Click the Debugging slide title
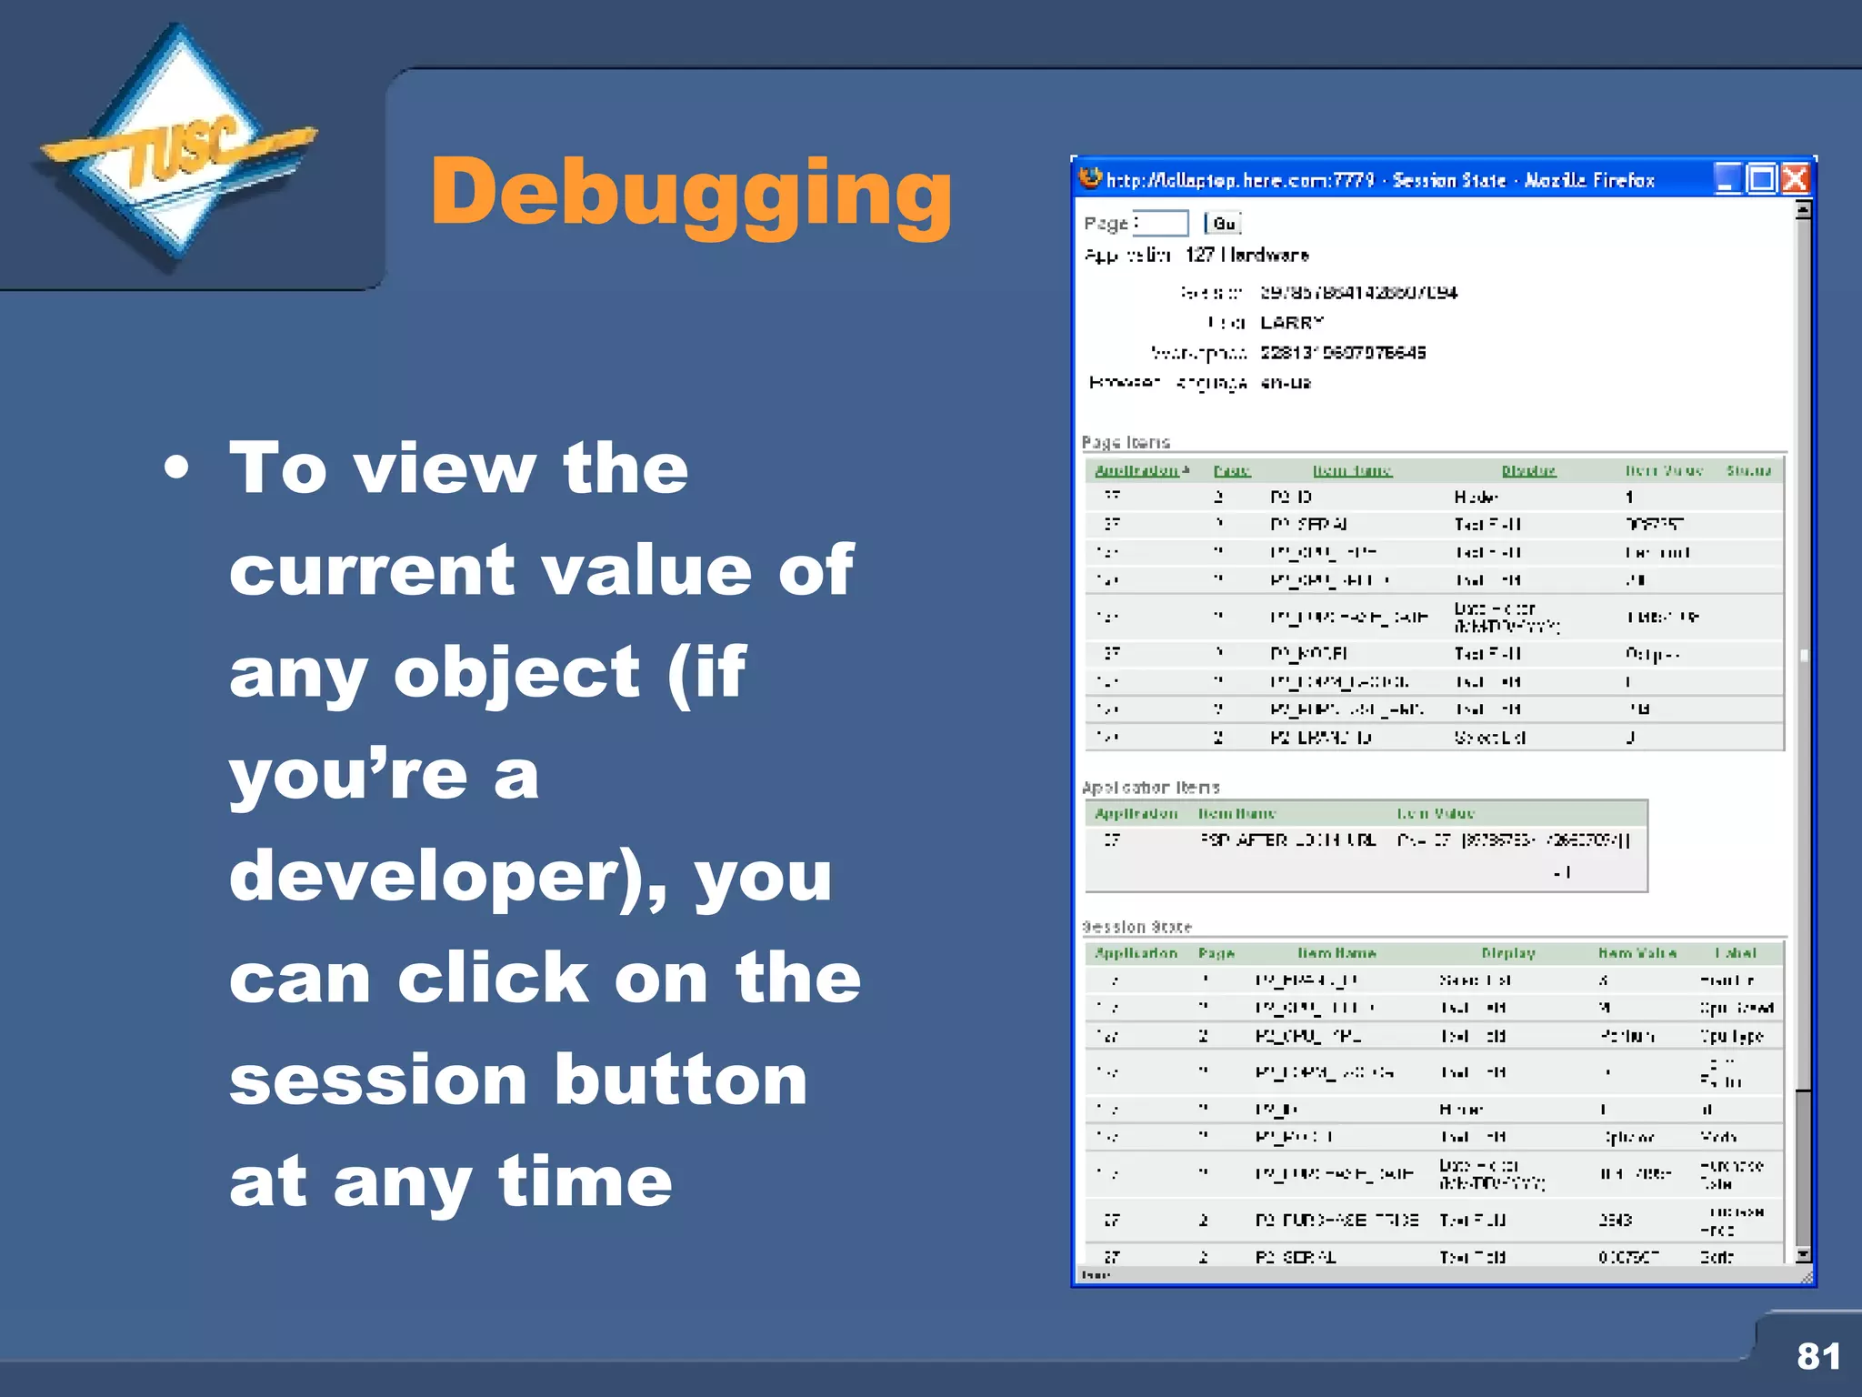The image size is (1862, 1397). coord(691,193)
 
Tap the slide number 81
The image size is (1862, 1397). coord(1817,1356)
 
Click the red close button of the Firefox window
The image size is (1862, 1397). coord(1795,179)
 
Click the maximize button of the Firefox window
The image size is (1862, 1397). coord(1761,179)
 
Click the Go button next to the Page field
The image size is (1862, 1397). coord(1223,224)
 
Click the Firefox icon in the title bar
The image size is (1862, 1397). coord(1090,178)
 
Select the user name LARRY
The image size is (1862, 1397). coord(1291,323)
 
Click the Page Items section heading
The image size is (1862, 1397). coord(1126,442)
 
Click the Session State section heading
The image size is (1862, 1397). coord(1136,927)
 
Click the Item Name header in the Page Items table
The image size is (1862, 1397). coord(1352,470)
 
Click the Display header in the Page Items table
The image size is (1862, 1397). coord(1528,470)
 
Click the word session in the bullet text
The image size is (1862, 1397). coord(378,1080)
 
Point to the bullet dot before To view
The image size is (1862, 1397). coord(177,468)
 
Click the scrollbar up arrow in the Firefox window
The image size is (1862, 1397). coord(1803,210)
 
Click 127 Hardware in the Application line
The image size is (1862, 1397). coord(1246,255)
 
